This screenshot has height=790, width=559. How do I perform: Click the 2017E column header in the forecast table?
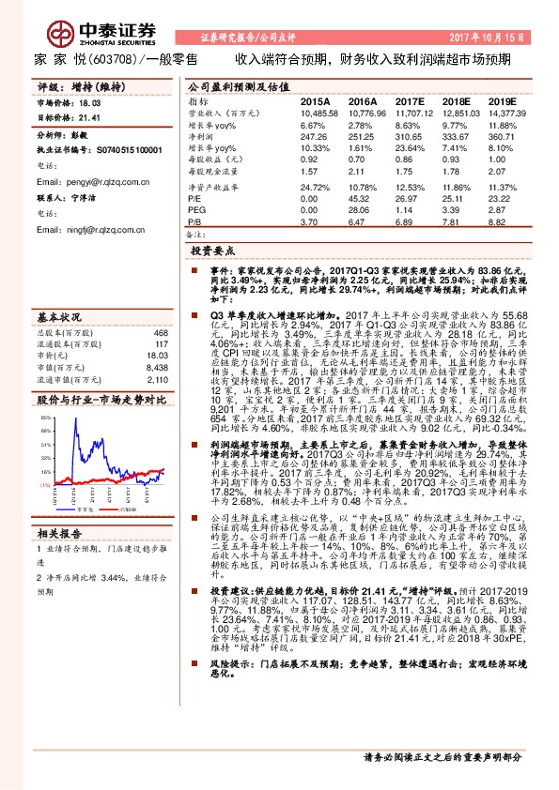point(411,99)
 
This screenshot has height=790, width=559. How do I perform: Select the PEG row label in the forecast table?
point(197,211)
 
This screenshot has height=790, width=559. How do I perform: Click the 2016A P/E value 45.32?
point(361,200)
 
